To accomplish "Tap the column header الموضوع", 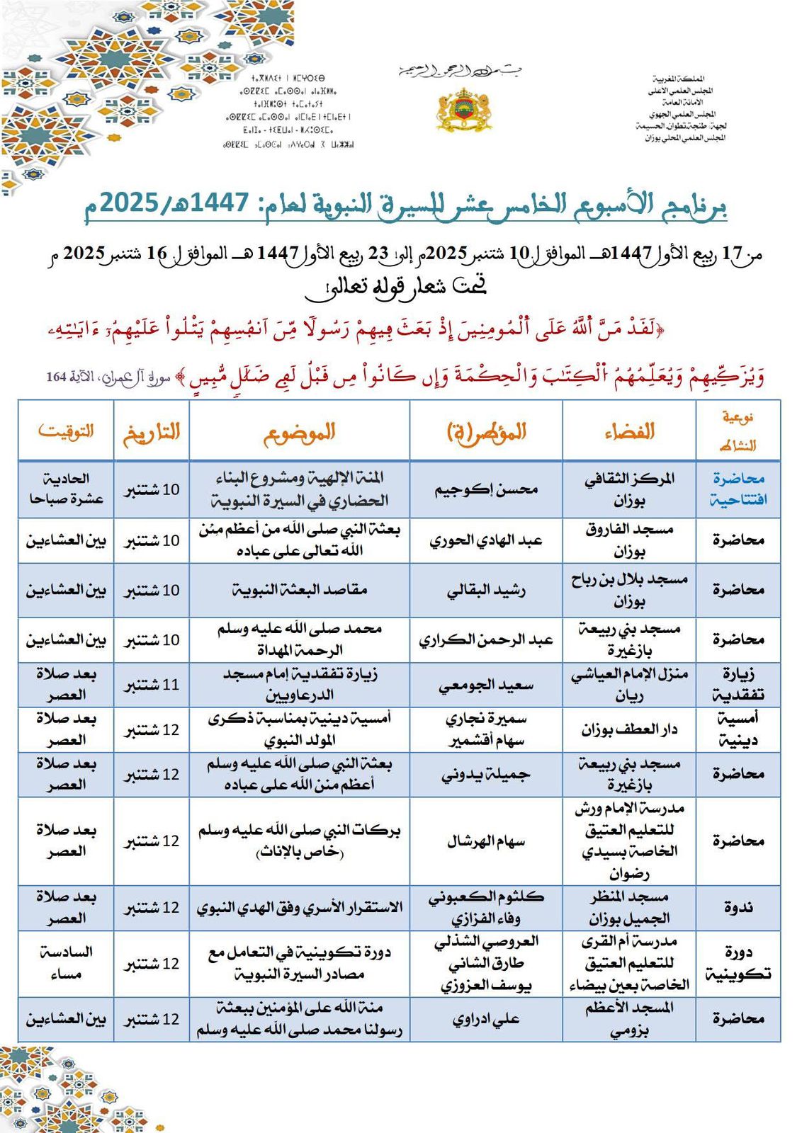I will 299,432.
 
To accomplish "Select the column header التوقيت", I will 66,431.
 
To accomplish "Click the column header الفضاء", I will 629,431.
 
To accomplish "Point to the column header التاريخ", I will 152,432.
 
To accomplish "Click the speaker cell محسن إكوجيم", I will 486,489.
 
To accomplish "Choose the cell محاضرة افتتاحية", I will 738,489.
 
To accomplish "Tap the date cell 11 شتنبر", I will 152,685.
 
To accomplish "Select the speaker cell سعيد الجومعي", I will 486,685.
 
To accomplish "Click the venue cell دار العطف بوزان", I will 629,729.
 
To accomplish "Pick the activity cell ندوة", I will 738,907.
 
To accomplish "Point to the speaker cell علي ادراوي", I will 486,1019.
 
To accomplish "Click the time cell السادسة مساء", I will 66,963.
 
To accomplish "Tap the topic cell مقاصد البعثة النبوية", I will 299,590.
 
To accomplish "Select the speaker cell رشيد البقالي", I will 486,590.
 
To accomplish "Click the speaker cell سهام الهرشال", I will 486,841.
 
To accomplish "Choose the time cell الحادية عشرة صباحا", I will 66,489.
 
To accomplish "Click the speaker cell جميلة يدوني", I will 486,774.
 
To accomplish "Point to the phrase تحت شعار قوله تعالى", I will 395,285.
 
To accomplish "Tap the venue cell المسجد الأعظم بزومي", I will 629,1019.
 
